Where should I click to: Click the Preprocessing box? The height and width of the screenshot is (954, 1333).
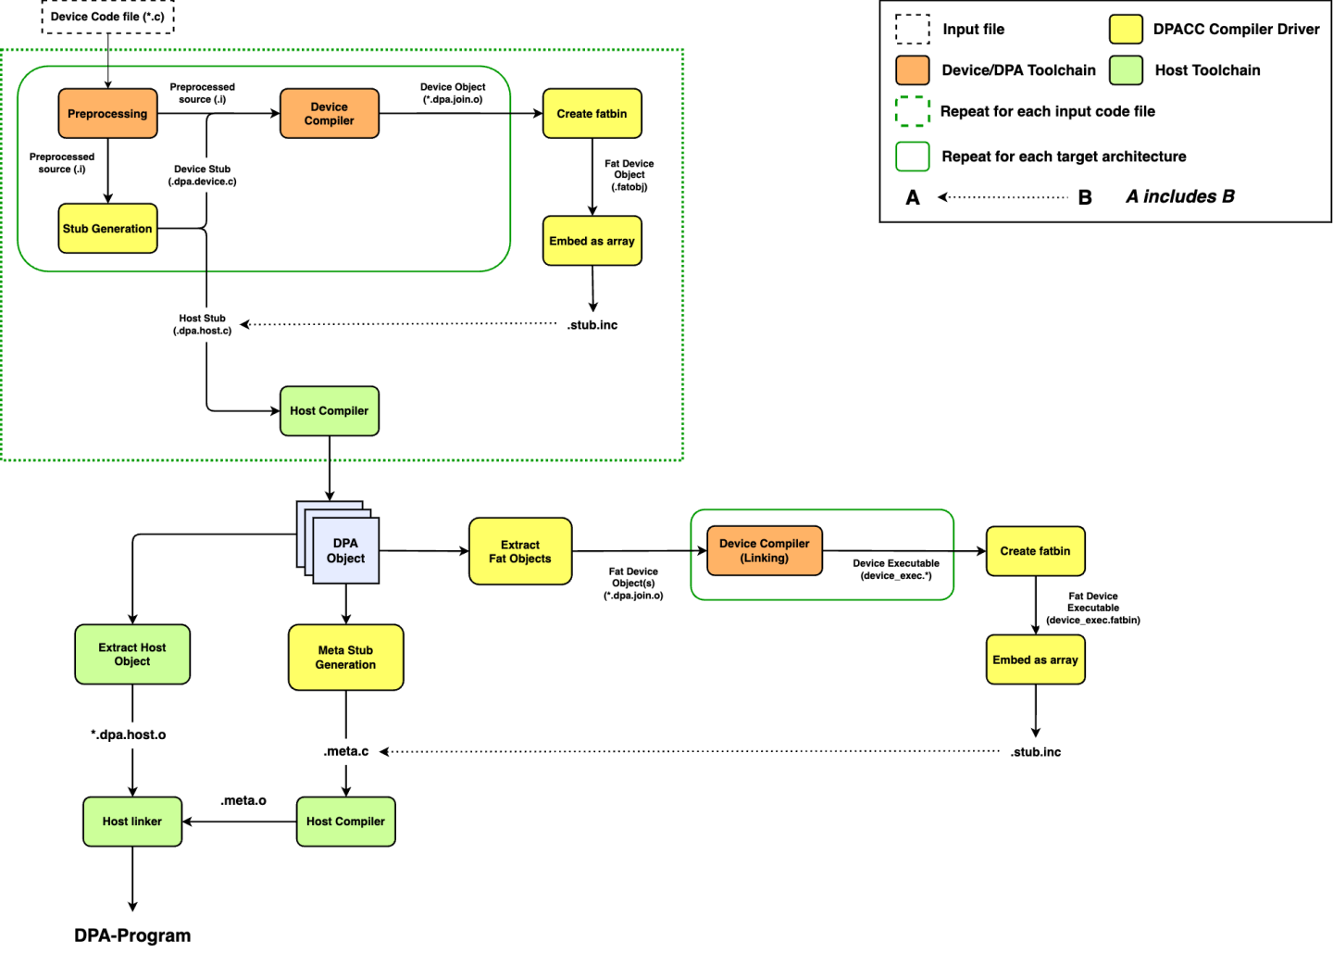coord(107,114)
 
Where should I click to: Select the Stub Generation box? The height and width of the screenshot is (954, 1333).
coord(107,229)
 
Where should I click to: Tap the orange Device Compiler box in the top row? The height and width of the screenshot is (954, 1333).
coord(330,114)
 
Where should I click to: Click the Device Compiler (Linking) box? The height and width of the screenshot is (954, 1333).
coord(765,551)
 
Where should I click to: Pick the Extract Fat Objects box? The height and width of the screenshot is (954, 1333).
coord(520,552)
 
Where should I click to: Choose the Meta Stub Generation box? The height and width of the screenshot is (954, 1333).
coord(346,658)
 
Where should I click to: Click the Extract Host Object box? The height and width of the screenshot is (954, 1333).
coord(132,655)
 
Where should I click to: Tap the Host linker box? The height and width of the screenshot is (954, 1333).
coord(132,822)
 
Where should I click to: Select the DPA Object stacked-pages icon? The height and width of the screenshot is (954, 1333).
coord(344,550)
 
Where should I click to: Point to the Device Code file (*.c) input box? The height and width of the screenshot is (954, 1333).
coord(107,17)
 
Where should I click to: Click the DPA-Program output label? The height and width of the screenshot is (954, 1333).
coord(132,935)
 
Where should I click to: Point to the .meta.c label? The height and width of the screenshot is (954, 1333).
coord(346,751)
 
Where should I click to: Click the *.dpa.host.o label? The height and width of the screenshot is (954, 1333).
coord(129,734)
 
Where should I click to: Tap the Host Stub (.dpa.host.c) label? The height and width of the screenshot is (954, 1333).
coord(202,324)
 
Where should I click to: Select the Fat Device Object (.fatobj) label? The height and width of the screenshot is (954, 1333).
coord(629,175)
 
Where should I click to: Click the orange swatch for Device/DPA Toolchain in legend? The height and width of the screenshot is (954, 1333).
coord(913,70)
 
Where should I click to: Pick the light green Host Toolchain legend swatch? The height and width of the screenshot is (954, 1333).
coord(1126,70)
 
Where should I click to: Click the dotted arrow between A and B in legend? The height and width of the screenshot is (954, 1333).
coord(1003,197)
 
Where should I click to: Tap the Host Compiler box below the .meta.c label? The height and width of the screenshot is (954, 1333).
coord(346,822)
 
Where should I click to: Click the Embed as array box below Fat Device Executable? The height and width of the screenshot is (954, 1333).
coord(1035,660)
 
